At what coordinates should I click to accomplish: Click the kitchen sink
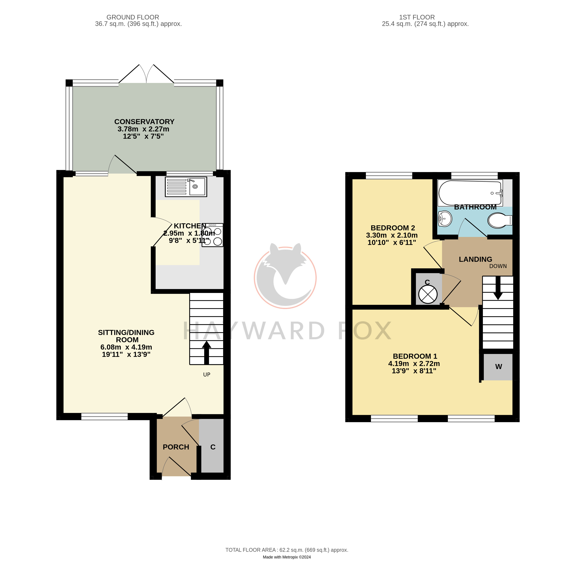(186, 187)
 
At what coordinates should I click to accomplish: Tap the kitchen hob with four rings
(212, 235)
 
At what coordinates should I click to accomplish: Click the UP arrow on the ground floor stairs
(206, 352)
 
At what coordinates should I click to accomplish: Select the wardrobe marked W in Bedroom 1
(498, 367)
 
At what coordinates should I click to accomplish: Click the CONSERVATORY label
(144, 122)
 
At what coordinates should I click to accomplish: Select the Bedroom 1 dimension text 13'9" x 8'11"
(414, 371)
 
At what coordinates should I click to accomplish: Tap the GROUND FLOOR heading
(133, 18)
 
